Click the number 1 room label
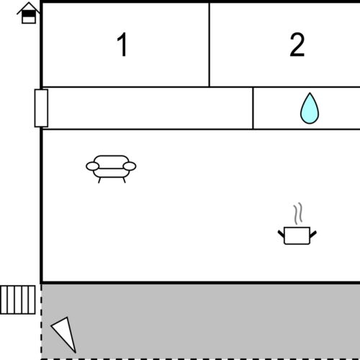(122, 45)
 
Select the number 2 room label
(297, 45)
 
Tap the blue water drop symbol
(310, 109)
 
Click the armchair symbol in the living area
(111, 169)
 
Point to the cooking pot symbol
(297, 235)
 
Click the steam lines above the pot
(298, 214)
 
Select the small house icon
(29, 13)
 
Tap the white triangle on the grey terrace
(65, 333)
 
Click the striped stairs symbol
(18, 300)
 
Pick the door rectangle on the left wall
(41, 108)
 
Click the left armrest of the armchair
(92, 166)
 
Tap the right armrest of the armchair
(130, 166)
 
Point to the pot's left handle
(282, 234)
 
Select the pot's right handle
(313, 234)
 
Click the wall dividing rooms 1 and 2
(210, 45)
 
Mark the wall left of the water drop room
(253, 108)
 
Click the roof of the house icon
(29, 7)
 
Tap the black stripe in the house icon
(29, 14)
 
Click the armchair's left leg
(99, 180)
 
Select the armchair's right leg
(124, 180)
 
